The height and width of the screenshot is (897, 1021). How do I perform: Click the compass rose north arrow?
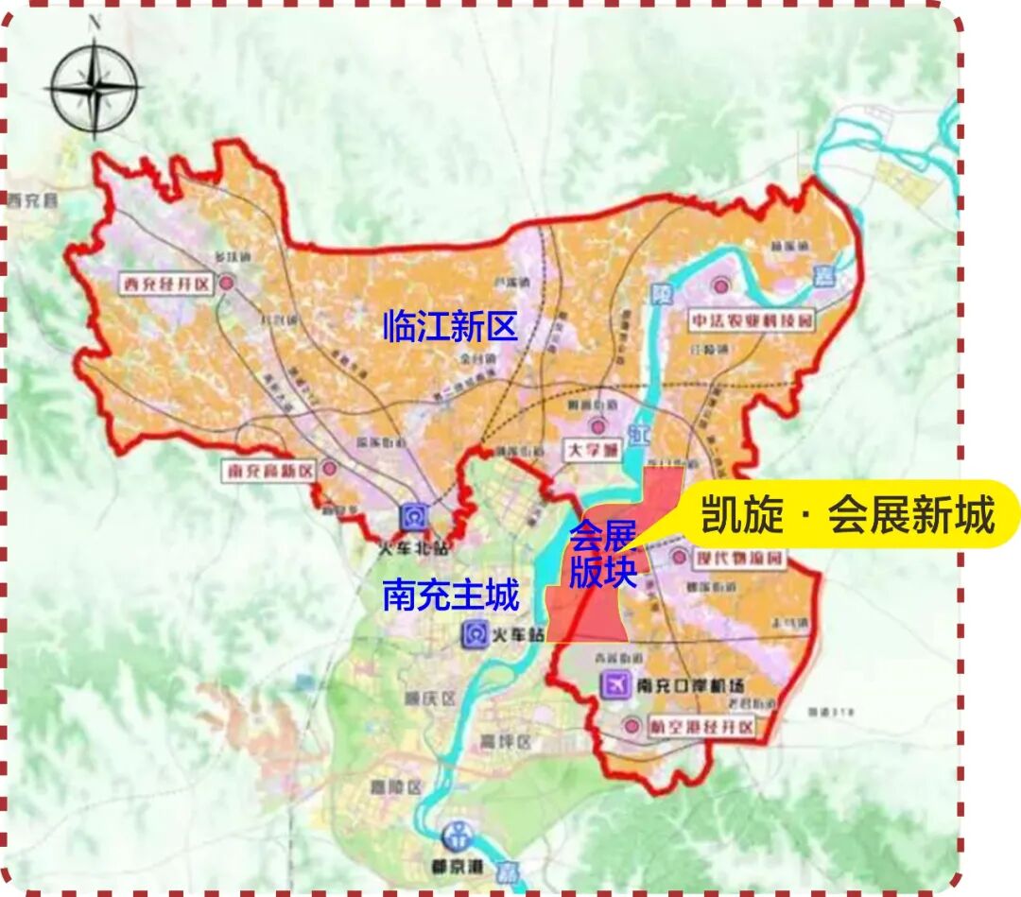94,90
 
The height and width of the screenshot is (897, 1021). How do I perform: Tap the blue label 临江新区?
450,327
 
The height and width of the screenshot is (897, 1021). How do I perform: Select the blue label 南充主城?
451,596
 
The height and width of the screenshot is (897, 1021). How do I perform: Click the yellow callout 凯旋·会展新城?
847,515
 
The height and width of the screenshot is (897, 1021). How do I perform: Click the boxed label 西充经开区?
164,284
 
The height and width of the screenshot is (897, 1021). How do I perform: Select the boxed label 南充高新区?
268,469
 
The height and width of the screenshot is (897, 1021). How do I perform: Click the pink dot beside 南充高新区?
329,467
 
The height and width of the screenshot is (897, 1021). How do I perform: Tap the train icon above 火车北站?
412,517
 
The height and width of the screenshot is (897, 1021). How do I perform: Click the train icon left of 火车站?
474,634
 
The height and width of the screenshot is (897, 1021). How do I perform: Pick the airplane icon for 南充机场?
616,684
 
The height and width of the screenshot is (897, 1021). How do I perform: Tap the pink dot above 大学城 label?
597,428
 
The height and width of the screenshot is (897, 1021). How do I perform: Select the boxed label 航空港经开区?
701,728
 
